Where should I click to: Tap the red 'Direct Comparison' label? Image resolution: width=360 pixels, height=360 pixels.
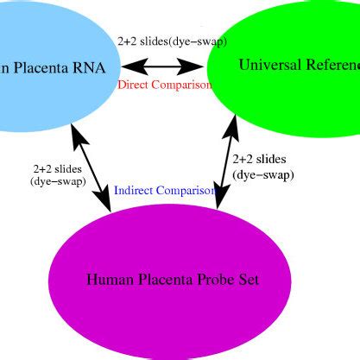tap(164, 85)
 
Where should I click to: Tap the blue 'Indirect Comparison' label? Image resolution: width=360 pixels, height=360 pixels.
tap(164, 190)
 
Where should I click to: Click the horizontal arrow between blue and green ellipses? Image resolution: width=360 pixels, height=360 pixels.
tap(164, 66)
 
